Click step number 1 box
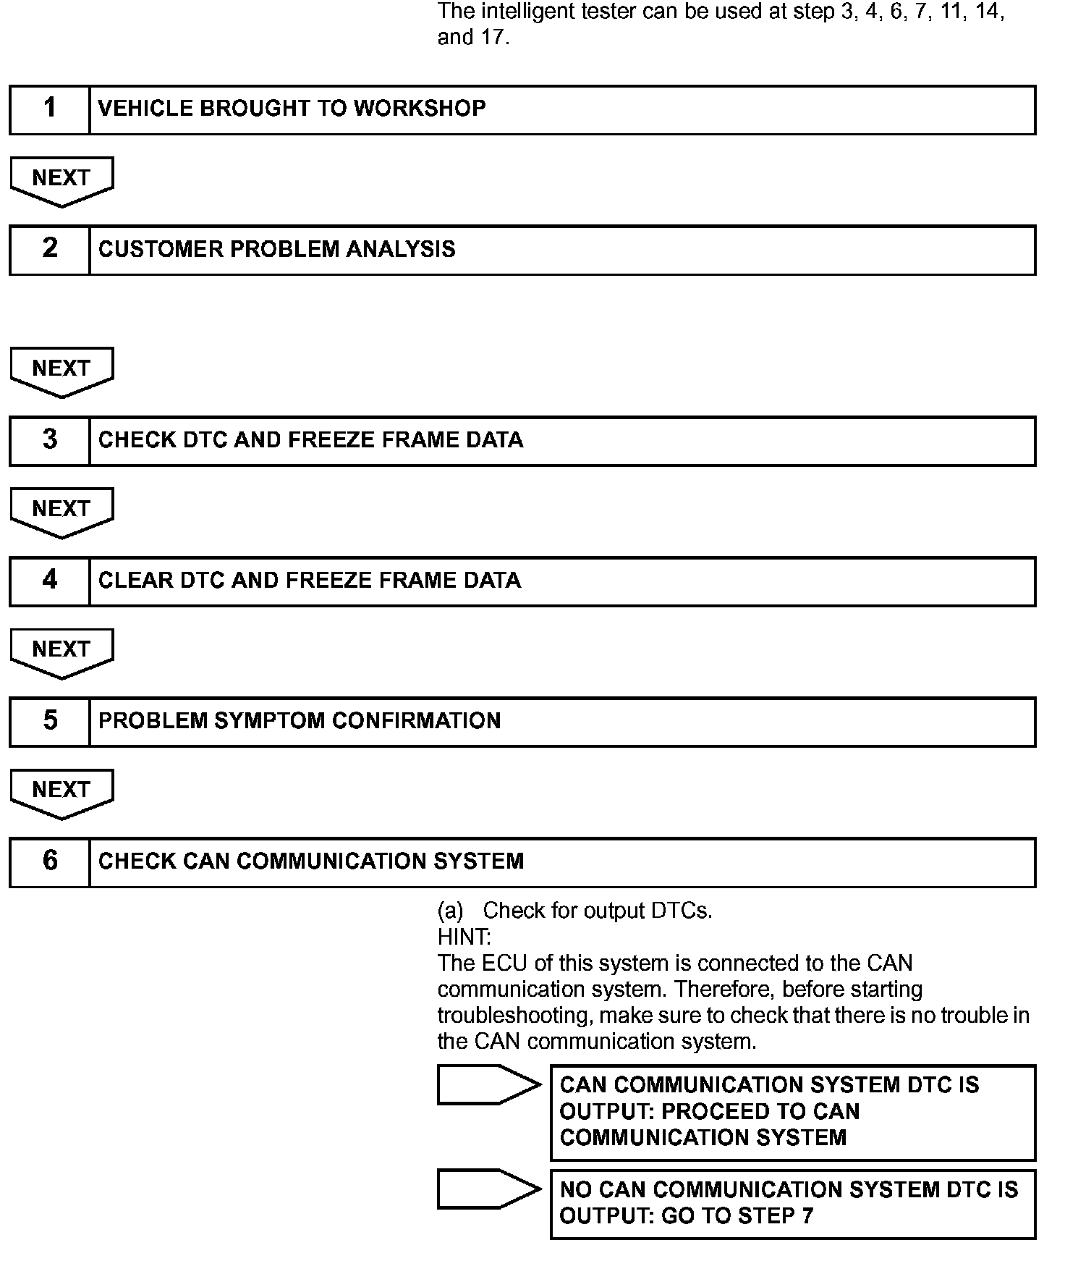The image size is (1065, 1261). pyautogui.click(x=49, y=109)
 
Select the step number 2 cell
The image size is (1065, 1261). pyautogui.click(x=49, y=250)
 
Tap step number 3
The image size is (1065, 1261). pyautogui.click(x=49, y=440)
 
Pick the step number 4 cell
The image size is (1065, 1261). pyautogui.click(x=49, y=581)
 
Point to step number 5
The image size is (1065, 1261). pyautogui.click(x=49, y=721)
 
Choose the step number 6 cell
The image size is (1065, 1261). pyautogui.click(x=49, y=861)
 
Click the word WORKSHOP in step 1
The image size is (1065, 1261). pyautogui.click(x=419, y=109)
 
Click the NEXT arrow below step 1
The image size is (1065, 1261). pyautogui.click(x=61, y=180)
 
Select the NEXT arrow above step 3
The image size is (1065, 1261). pyautogui.click(x=61, y=370)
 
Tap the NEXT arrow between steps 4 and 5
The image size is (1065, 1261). pyautogui.click(x=61, y=651)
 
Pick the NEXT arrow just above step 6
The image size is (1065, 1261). pyautogui.click(x=61, y=791)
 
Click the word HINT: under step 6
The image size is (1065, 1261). pyautogui.click(x=464, y=937)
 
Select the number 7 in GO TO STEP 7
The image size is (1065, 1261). pyautogui.click(x=807, y=1215)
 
